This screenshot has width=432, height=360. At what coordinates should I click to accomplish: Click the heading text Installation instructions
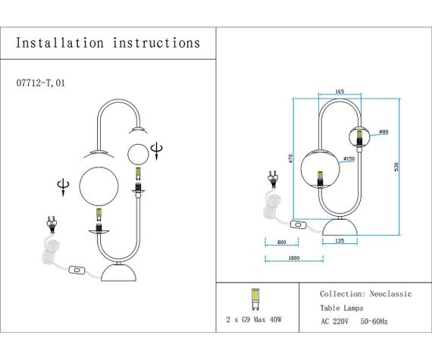pos(108,43)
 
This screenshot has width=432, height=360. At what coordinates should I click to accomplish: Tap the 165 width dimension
pos(339,92)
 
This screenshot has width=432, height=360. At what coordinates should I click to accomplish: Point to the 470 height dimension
pos(290,158)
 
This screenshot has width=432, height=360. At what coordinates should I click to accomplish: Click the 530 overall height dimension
pos(395,166)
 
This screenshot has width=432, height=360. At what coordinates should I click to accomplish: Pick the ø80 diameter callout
pos(383,133)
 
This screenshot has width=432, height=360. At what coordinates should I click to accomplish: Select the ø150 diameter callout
pos(349,158)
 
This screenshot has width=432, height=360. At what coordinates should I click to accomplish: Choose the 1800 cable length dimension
pos(293,258)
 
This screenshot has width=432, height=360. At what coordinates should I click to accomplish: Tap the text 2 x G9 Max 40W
pos(254,321)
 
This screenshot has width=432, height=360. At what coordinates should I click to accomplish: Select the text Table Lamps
pos(341,308)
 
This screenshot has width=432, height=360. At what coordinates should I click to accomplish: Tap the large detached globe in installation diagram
pos(102,186)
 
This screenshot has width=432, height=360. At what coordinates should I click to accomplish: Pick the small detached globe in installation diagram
pos(139,154)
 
